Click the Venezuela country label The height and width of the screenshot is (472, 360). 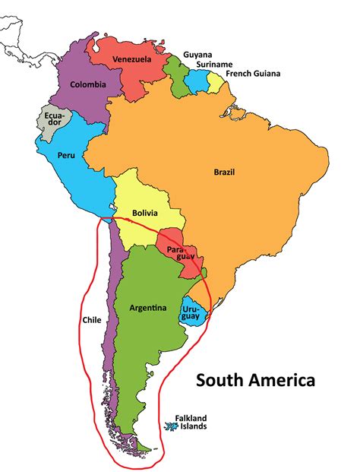131,59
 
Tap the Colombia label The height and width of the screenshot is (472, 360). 87,84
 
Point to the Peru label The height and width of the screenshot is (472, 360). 65,155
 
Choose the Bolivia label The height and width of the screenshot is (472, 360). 144,214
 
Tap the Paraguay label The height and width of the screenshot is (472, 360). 176,254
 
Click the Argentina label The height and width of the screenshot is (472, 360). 147,308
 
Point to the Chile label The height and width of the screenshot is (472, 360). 90,320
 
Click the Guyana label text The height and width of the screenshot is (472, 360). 197,55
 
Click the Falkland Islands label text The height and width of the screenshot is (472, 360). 191,422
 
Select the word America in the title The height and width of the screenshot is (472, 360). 283,379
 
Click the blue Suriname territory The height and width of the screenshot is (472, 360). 201,81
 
